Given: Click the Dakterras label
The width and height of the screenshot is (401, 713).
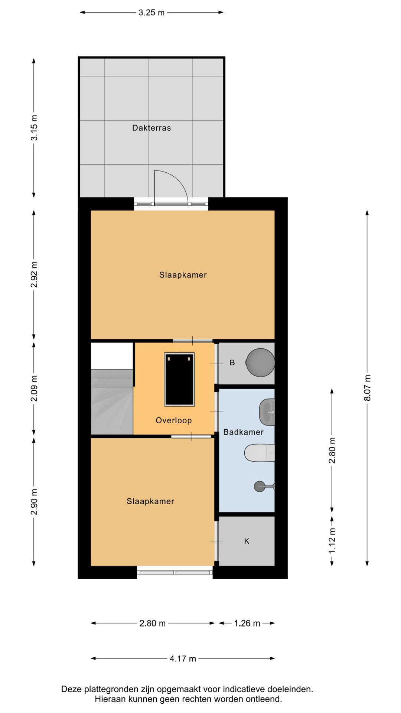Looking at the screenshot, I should pos(151,128).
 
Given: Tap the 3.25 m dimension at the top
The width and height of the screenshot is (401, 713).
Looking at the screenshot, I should pos(151,13).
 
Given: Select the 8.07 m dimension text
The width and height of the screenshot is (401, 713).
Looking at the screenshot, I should pos(367,388).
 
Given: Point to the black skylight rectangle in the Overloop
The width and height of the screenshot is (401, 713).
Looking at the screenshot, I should pos(179,379).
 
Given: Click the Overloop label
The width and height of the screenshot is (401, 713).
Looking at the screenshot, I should pos(173,420).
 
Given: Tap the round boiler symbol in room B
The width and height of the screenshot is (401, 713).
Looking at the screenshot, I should pos(260,362).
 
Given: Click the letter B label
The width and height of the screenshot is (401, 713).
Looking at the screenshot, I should pos(232,362).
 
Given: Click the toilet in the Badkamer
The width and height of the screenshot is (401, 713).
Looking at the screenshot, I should pos(259,453).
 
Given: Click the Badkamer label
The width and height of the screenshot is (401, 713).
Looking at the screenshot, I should pos(243,432).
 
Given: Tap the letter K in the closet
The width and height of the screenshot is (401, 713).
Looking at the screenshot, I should pos(247,541).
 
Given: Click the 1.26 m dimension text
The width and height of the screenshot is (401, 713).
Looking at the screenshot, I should pos(247,623).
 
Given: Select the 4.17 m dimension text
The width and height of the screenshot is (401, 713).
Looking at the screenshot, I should pos(183,658).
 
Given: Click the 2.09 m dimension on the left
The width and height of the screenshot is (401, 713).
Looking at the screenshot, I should pos(34,388).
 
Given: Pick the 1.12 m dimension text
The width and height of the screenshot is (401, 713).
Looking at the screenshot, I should pos(332,541).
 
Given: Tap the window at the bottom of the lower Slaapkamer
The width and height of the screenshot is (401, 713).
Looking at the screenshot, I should pos(175,572).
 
